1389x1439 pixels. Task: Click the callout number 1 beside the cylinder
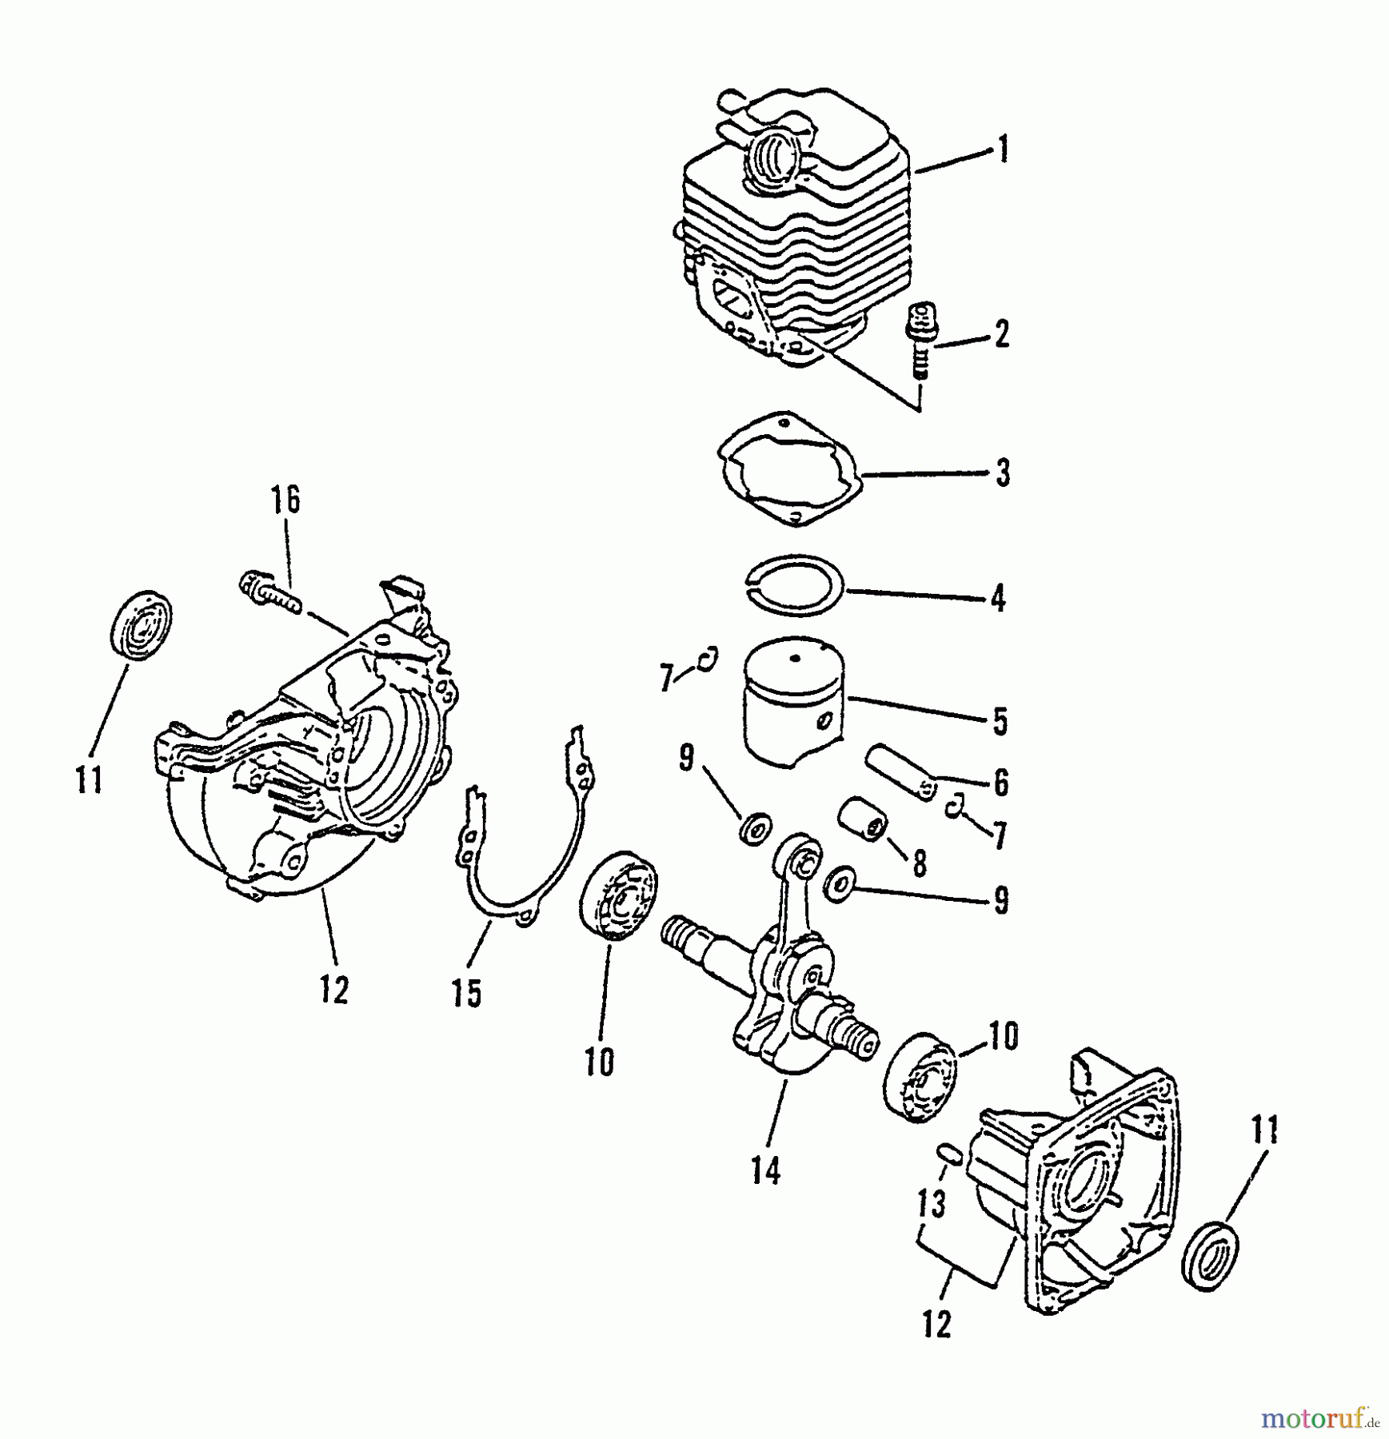1003,150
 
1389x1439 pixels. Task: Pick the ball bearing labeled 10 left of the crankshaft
617,895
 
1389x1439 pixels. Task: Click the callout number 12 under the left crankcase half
335,991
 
